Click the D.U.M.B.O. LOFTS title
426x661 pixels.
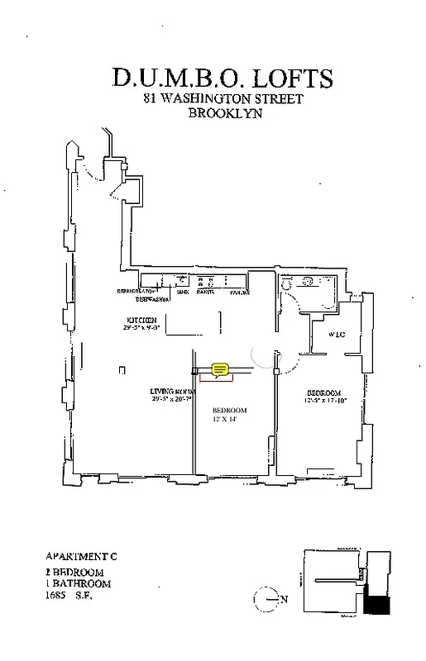223,78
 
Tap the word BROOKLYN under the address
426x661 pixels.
225,114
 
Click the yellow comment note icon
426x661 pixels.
220,369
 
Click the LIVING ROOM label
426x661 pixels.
171,391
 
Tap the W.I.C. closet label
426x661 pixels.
336,335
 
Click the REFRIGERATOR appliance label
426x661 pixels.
136,292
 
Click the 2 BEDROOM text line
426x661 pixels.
74,572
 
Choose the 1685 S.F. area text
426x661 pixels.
69,594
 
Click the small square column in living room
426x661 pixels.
121,369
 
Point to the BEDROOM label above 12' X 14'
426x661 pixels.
229,411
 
